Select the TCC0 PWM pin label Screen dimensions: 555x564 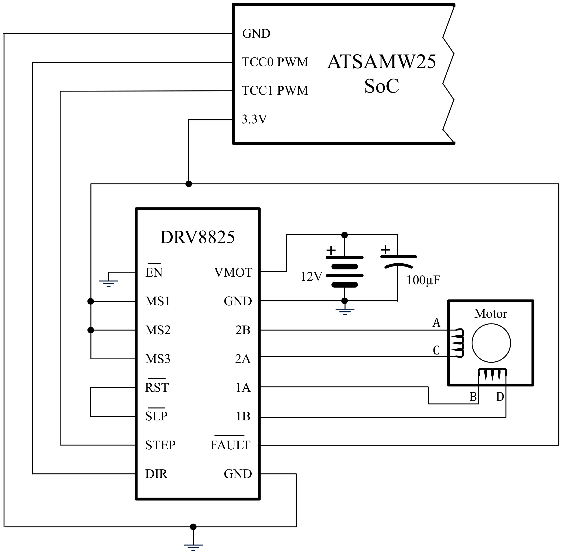pos(275,62)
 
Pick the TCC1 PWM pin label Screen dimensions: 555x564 pos(275,91)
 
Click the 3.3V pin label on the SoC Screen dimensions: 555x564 pos(254,119)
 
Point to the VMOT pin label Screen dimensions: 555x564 pos(233,273)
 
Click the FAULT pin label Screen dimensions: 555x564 pos(230,445)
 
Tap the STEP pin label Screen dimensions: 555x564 pos(160,445)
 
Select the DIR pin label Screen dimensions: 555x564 pos(157,474)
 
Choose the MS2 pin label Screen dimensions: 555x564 pos(158,330)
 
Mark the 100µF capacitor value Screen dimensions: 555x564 pos(423,280)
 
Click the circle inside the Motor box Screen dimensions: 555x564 pos(491,343)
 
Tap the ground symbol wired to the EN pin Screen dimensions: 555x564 pos(108,282)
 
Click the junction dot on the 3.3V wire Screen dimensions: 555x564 pos(189,184)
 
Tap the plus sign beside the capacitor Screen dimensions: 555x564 pos(385,250)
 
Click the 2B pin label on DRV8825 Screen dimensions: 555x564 pos(243,330)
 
